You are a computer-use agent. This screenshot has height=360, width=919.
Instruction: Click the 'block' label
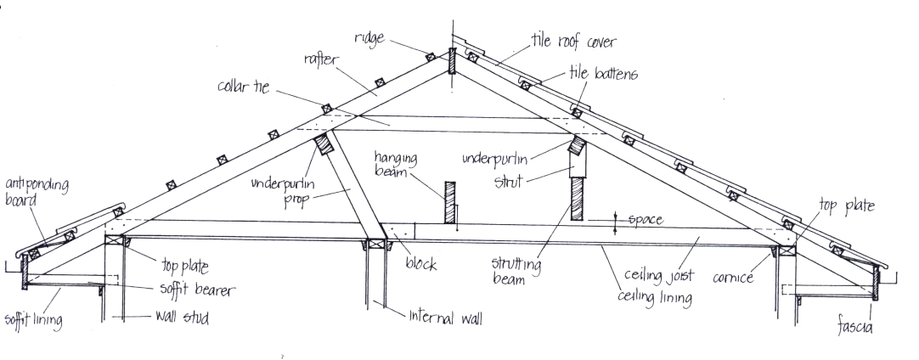[421, 264]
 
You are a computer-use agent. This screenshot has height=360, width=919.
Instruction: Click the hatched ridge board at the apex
[451, 61]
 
